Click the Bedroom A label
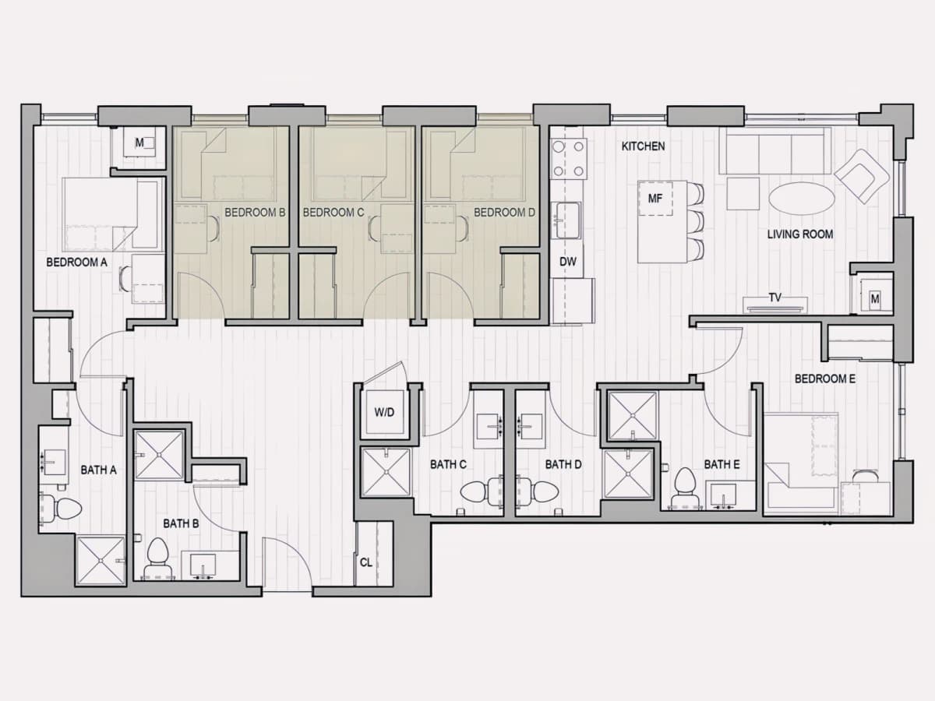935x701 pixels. pos(76,262)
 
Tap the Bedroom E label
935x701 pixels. pos(824,379)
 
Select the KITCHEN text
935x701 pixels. pos(643,146)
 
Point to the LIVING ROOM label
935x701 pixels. pos(800,234)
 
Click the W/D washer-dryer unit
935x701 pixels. pos(384,413)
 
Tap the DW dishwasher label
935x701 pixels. pos(567,262)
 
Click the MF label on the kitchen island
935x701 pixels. pos(654,199)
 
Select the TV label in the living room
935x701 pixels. pos(774,298)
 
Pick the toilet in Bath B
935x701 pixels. pos(157,558)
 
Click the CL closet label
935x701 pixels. pos(366,562)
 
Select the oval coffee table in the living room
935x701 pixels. pos(801,199)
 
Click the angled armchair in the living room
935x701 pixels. pos(862,175)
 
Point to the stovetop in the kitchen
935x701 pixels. pos(568,159)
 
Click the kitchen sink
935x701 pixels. pos(566,220)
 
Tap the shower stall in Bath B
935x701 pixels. pos(159,455)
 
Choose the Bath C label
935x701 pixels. pos(448,464)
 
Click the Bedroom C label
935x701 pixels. pos(333,213)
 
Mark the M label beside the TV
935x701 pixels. pos(875,299)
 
